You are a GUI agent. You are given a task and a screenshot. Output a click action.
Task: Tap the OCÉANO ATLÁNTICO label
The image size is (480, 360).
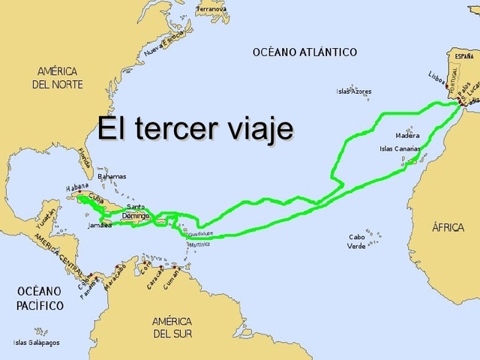304,52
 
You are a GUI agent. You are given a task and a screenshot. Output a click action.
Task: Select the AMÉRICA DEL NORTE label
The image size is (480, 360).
56,77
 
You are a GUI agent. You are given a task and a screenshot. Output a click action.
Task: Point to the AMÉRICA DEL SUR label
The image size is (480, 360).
172,327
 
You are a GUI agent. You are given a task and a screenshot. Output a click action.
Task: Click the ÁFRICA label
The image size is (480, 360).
448,227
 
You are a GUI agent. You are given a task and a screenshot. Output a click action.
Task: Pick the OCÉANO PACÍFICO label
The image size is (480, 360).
40,298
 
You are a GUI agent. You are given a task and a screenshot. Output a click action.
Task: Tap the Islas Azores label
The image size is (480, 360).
354,91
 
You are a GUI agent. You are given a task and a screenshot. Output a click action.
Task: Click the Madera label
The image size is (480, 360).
407,136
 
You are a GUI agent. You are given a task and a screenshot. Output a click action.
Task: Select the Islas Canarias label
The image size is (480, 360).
400,148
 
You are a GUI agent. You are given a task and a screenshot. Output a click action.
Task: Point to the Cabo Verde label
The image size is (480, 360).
357,241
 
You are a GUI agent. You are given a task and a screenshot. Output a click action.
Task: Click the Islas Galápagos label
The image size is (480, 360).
36,343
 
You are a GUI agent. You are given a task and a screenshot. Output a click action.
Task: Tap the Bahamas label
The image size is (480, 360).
112,176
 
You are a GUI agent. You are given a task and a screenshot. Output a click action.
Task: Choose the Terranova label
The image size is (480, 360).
211,9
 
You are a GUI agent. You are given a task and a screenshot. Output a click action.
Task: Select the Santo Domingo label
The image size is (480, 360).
136,211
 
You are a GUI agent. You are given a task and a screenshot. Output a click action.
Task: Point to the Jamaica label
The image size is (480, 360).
100,225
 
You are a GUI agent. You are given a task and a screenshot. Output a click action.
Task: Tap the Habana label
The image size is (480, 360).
77,187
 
